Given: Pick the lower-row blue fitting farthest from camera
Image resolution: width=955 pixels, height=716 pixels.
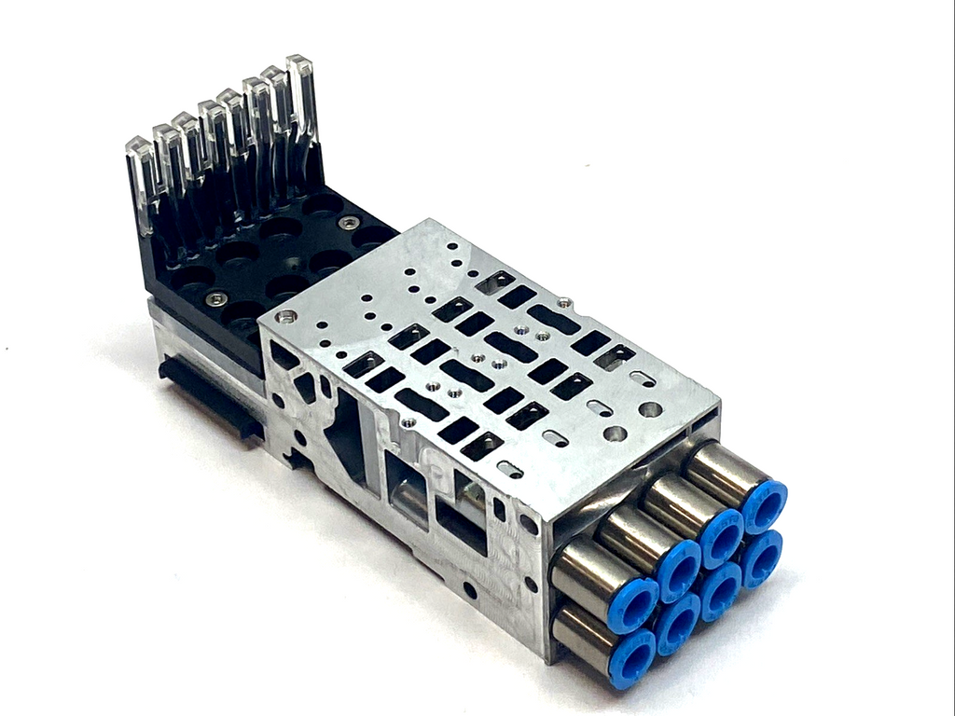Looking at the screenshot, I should click(762, 557).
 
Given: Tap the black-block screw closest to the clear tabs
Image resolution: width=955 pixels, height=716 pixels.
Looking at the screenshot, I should click(349, 223).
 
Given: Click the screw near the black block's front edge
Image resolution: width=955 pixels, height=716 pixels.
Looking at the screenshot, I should click(215, 298).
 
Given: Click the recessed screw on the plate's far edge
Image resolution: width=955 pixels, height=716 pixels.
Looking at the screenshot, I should click(563, 302).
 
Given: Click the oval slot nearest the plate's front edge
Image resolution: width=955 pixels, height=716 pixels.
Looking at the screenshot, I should click(510, 469).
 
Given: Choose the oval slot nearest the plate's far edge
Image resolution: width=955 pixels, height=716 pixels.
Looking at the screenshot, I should click(643, 378).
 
